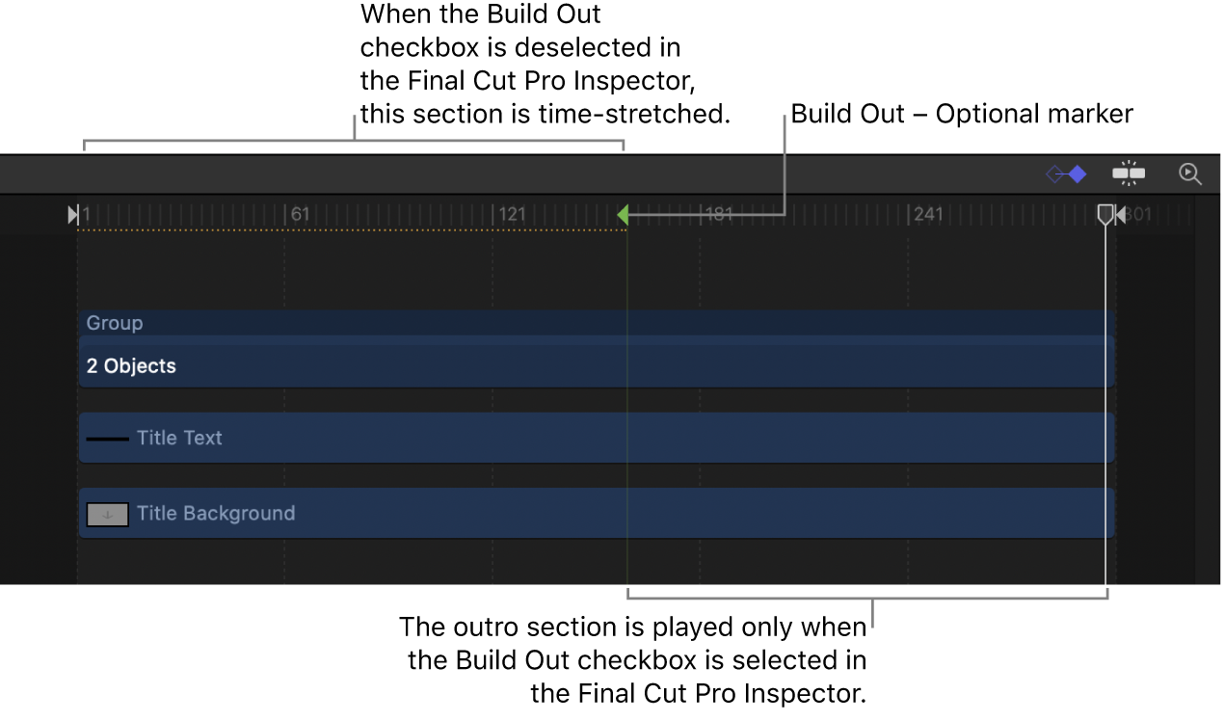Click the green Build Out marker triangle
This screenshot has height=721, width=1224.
[x=624, y=214]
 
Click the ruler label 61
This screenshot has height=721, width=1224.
[x=301, y=214]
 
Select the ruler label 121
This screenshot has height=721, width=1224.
[x=512, y=214]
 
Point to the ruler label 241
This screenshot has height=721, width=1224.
[x=928, y=214]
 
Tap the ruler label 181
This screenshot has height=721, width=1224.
[x=719, y=214]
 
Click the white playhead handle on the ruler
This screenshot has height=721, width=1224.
[x=1105, y=214]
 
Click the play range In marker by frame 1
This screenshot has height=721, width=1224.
[x=73, y=214]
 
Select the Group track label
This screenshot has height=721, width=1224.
[x=115, y=323]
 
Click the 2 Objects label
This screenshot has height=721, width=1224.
[x=131, y=366]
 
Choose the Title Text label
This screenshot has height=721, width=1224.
[x=179, y=438]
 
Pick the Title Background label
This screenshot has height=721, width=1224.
[x=216, y=513]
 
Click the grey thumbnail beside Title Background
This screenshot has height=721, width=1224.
[x=108, y=515]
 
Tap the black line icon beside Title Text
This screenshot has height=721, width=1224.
[x=108, y=439]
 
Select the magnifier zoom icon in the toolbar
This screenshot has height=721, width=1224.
[x=1190, y=174]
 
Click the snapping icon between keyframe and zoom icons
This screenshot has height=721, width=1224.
[x=1129, y=174]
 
